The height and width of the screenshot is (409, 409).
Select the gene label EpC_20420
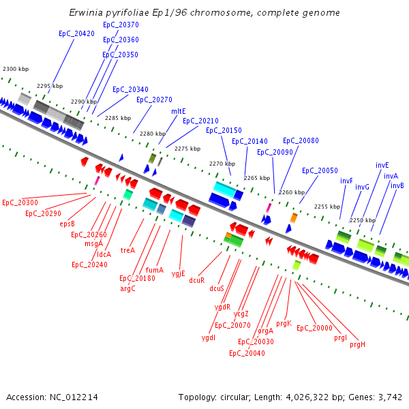(x=76, y=33)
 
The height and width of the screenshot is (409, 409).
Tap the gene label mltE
(x=178, y=111)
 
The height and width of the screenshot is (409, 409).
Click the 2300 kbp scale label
(x=16, y=70)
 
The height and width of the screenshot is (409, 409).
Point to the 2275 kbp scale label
(x=187, y=149)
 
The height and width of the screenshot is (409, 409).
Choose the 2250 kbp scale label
(x=362, y=220)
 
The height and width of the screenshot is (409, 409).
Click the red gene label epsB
(x=67, y=224)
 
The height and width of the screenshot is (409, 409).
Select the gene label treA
(x=127, y=250)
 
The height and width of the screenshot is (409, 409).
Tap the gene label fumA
(x=154, y=270)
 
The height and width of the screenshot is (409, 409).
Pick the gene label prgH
(x=357, y=344)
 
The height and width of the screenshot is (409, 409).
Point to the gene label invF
(x=346, y=181)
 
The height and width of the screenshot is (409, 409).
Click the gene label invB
(x=397, y=185)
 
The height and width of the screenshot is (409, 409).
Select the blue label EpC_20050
(x=320, y=170)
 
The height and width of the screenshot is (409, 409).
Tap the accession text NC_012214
(x=52, y=397)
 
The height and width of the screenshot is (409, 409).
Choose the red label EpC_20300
(x=20, y=202)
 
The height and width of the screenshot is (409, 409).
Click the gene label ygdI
(x=209, y=337)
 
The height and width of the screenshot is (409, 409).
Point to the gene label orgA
(x=265, y=331)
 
